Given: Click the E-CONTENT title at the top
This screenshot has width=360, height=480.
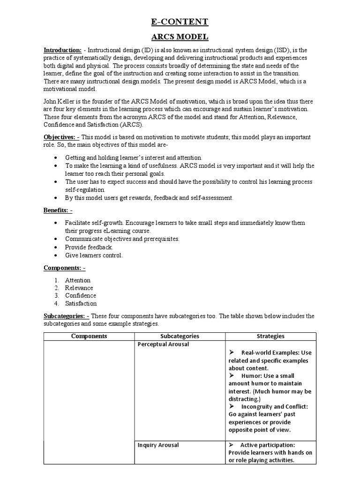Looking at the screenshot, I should point(180,22).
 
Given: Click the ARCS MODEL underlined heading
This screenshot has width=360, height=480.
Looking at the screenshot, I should point(180,37).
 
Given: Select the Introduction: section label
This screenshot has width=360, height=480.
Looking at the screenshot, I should point(63,50).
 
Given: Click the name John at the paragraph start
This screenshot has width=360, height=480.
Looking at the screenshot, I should point(51,102).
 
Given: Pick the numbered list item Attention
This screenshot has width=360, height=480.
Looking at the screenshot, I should point(78,280).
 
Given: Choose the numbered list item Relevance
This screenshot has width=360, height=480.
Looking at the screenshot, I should point(79,288).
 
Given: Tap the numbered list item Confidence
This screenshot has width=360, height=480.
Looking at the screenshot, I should point(81,295).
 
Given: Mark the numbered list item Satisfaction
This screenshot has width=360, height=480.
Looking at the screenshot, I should point(81,303).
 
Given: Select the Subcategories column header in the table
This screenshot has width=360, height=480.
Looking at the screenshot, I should point(180,336).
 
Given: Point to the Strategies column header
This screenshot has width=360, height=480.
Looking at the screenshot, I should point(270,336).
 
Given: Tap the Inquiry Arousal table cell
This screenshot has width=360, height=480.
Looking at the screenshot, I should point(158,445).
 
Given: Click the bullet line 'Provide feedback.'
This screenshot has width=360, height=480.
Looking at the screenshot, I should point(89,247).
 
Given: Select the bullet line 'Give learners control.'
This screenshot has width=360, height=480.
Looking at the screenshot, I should point(94,255).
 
